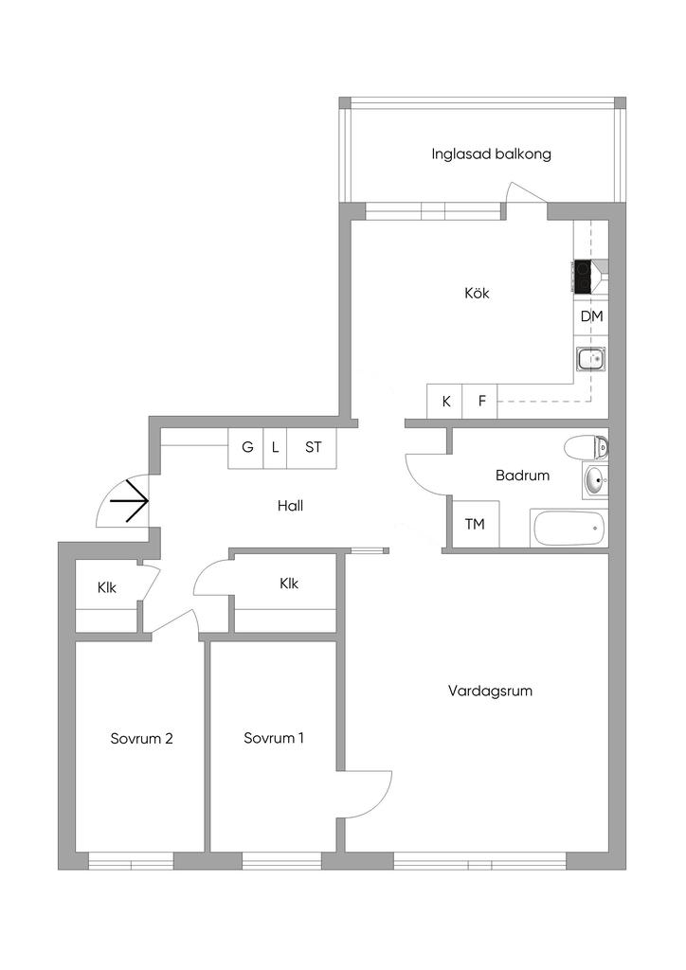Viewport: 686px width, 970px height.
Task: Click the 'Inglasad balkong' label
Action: [491, 154]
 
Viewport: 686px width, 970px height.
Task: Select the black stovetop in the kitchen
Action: [584, 277]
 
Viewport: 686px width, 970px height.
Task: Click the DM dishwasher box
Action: [591, 316]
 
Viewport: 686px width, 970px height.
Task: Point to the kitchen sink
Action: [590, 357]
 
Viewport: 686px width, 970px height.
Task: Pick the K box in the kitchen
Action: [444, 401]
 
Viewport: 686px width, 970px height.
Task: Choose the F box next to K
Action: [480, 401]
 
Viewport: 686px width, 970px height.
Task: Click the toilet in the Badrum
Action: [586, 447]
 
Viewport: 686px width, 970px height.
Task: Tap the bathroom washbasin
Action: [595, 480]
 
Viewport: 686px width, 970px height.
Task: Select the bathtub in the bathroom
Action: [569, 529]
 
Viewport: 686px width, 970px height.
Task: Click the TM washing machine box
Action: [475, 524]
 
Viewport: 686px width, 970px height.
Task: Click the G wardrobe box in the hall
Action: [246, 447]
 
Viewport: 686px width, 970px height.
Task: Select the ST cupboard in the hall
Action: [313, 447]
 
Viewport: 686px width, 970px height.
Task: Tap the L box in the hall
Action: [276, 447]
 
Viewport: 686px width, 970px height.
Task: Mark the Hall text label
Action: [290, 506]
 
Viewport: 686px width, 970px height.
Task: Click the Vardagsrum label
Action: [490, 691]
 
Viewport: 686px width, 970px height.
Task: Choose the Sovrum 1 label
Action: [274, 738]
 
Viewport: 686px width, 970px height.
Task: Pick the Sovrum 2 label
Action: [141, 739]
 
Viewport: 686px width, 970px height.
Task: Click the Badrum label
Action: [522, 476]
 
